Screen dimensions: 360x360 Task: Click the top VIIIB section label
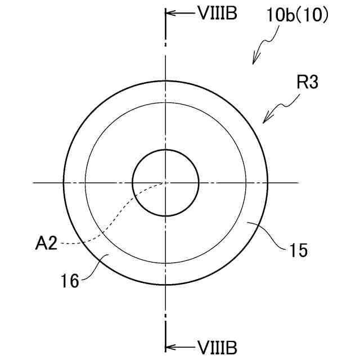coord(218,13)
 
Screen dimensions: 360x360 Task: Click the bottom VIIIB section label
coord(218,348)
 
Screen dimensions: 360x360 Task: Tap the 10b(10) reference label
coord(298,16)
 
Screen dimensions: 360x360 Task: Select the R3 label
coord(308,83)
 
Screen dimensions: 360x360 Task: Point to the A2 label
coord(46,244)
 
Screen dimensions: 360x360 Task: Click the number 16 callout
coord(70,281)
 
